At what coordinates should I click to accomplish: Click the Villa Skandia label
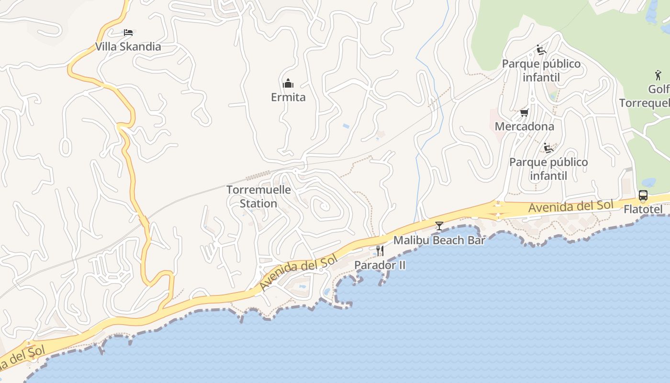(128, 47)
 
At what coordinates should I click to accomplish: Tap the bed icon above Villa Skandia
(128, 33)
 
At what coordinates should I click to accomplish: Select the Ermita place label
(288, 97)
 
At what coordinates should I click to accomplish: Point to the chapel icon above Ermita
(288, 84)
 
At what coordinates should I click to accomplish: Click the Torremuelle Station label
(258, 196)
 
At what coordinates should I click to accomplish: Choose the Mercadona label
(524, 126)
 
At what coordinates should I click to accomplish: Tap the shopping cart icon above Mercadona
(524, 113)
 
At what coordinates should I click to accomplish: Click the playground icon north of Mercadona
(541, 50)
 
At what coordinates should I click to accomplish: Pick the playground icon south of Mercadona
(548, 148)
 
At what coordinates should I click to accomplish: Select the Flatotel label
(643, 209)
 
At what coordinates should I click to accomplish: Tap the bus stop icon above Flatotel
(643, 195)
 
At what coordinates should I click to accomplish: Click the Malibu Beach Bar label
(439, 240)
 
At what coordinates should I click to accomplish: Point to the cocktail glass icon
(439, 225)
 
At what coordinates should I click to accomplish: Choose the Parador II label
(380, 265)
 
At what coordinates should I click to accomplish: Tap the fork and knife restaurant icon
(380, 250)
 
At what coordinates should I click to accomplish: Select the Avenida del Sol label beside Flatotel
(570, 206)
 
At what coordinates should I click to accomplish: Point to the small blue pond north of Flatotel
(649, 182)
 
